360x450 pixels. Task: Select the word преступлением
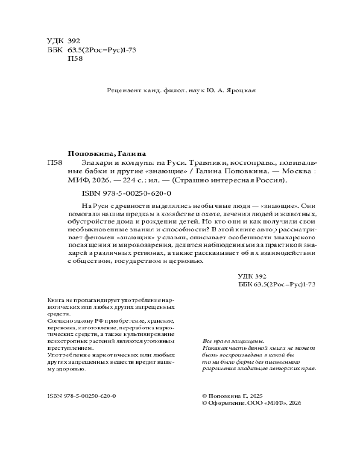[68, 348]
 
